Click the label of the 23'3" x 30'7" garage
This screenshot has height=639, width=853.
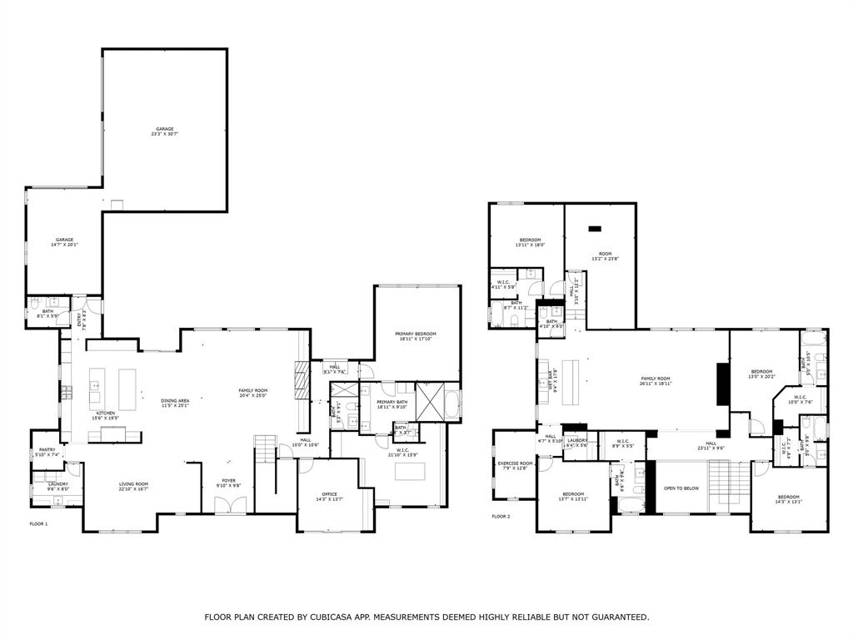164,131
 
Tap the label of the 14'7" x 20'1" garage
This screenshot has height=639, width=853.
64,242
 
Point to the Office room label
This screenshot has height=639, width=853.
330,497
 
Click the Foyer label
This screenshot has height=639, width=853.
228,483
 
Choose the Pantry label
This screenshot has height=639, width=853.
47,452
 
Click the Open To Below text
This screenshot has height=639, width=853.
681,488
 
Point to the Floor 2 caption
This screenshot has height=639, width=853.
501,517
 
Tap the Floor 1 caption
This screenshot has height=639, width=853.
39,524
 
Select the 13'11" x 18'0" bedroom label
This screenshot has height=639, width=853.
530,242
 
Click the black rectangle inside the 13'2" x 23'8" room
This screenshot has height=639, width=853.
595,228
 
